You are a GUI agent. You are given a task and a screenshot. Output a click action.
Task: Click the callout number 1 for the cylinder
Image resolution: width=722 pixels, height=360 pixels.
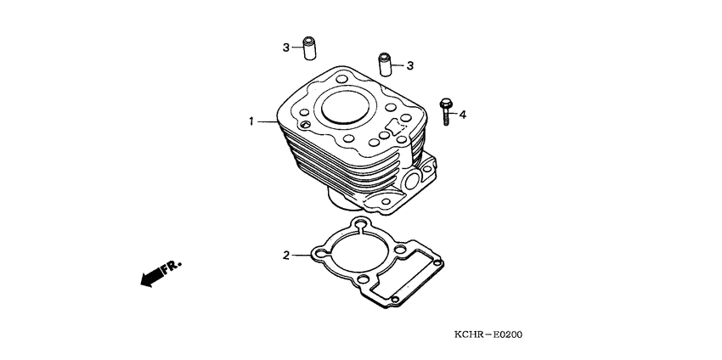pyautogui.click(x=251, y=122)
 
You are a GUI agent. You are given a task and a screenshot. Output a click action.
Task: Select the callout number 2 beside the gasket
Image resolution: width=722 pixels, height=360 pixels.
pyautogui.click(x=287, y=255)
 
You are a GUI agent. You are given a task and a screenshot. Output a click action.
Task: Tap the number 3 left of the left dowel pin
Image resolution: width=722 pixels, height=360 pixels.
pyautogui.click(x=287, y=48)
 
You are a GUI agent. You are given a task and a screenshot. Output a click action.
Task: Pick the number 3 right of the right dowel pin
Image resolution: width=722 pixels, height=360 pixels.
pyautogui.click(x=410, y=65)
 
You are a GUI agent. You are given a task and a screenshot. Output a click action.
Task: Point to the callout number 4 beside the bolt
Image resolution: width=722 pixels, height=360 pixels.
pyautogui.click(x=463, y=113)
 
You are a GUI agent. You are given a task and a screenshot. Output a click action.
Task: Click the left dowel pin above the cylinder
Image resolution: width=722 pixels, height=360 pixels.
pyautogui.click(x=311, y=49)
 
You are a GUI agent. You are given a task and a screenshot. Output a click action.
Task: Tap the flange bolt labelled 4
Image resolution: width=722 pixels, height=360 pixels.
pyautogui.click(x=445, y=111)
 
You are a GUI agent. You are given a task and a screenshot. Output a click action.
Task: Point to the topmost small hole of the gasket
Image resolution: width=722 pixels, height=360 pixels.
pyautogui.click(x=360, y=226)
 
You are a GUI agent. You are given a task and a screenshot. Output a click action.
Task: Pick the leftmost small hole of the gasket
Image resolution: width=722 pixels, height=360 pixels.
pyautogui.click(x=319, y=253)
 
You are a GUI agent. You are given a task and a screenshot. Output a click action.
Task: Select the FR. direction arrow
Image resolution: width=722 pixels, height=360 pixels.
pyautogui.click(x=149, y=276)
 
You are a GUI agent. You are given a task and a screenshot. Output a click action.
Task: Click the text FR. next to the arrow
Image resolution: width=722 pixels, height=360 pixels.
pyautogui.click(x=172, y=266)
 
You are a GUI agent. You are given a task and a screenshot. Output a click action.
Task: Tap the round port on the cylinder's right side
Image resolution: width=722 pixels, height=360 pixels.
pyautogui.click(x=414, y=180)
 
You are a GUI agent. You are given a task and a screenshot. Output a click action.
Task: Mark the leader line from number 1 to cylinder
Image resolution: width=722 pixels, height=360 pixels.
pyautogui.click(x=267, y=122)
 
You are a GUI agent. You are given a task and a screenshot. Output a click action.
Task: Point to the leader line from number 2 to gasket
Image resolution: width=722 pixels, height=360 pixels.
pyautogui.click(x=302, y=255)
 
